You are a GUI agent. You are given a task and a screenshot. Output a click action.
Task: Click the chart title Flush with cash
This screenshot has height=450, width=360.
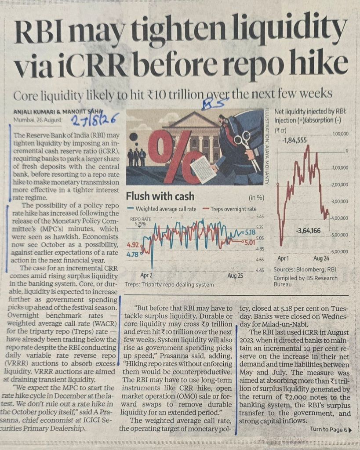click(160, 196)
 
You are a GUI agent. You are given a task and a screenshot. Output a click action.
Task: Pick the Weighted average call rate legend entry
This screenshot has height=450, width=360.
click(162, 209)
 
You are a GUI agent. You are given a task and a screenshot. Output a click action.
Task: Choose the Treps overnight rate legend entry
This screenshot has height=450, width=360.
click(229, 209)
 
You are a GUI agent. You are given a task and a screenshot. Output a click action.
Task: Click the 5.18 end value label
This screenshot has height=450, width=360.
click(251, 232)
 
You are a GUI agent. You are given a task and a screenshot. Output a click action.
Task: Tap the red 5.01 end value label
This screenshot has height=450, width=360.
click(249, 243)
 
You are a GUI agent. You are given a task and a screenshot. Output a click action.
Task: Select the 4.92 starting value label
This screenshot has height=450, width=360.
click(133, 245)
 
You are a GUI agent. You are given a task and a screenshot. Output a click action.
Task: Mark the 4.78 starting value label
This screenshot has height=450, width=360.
click(132, 254)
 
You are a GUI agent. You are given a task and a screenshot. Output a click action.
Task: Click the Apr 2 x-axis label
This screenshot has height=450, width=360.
click(146, 276)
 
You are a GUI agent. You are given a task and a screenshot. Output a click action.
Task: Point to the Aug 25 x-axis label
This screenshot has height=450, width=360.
click(235, 276)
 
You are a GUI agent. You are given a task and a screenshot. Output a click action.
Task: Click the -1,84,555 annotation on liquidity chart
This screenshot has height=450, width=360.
click(294, 140)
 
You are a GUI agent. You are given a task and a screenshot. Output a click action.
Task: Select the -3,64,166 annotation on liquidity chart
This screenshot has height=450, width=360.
click(308, 231)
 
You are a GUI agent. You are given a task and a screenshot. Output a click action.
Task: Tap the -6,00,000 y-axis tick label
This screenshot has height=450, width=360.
click(340, 252)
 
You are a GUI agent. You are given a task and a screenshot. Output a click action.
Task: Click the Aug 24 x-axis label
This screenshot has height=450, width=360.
click(321, 258)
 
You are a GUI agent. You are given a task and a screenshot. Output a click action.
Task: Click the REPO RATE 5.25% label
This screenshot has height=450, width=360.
click(140, 221)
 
